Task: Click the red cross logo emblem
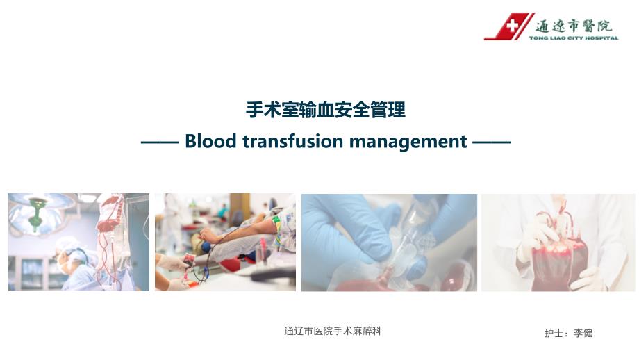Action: pos(509,26)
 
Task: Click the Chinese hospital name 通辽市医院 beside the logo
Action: pos(574,26)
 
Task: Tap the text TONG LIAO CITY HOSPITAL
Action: pos(574,38)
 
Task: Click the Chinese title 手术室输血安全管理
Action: pos(326,110)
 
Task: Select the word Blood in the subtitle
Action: pos(210,141)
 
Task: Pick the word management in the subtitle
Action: pos(408,142)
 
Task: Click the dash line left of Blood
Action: pos(160,142)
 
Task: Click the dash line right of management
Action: pos(492,142)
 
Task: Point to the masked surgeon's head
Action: pos(67,254)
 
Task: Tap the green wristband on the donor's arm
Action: pos(276,225)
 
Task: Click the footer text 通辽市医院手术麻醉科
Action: pos(333,331)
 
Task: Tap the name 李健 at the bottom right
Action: pos(583,333)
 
